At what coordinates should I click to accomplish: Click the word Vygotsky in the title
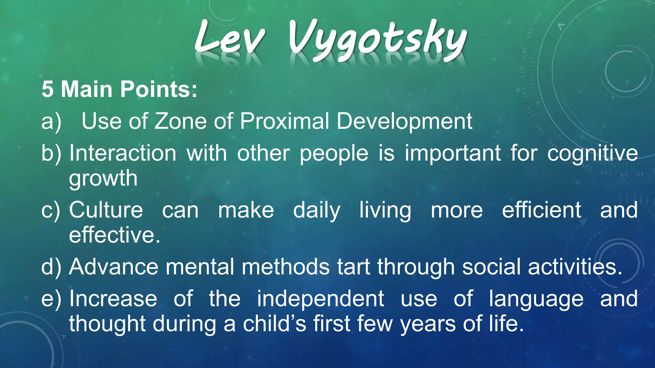coord(377,40)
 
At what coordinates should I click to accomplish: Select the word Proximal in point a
coord(284,121)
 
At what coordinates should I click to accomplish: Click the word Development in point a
coord(404,122)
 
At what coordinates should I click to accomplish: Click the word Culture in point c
coord(106,210)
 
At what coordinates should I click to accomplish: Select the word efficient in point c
coord(541,210)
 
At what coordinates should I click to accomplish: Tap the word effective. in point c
coord(114,235)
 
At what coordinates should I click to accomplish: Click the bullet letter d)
coord(51,267)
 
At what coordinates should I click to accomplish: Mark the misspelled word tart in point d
coord(353,267)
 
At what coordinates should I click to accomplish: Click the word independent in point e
coord(320,299)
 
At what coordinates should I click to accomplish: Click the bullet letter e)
coord(51,299)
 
